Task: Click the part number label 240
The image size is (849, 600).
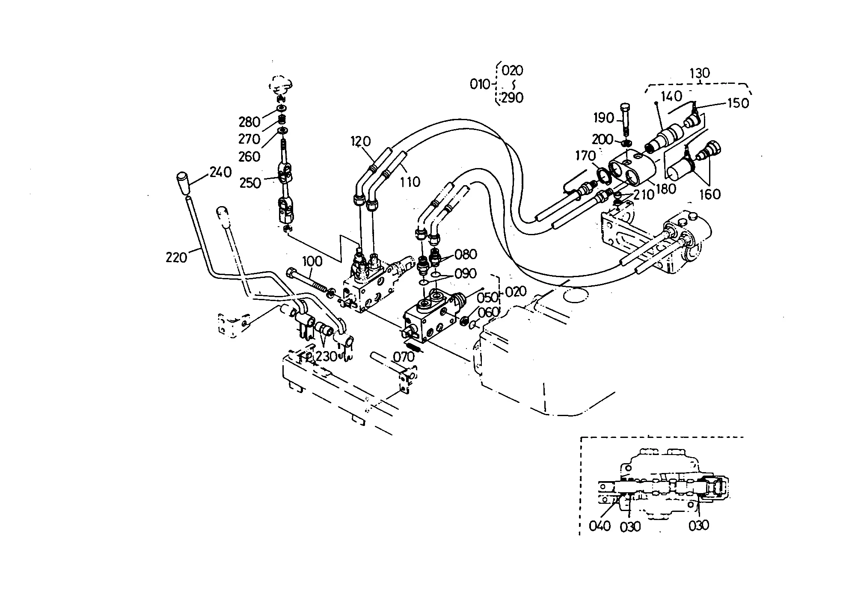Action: pos(220,172)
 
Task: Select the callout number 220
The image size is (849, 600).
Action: pos(177,257)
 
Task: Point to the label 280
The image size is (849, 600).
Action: pos(249,122)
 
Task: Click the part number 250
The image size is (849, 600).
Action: pos(250,183)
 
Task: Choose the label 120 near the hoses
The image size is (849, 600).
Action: pos(361,142)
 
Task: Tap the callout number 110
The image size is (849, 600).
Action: pos(410,182)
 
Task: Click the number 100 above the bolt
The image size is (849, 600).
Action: pos(312,261)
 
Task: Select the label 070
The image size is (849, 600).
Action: pos(404,356)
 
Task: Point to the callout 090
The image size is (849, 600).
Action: pos(465,273)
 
